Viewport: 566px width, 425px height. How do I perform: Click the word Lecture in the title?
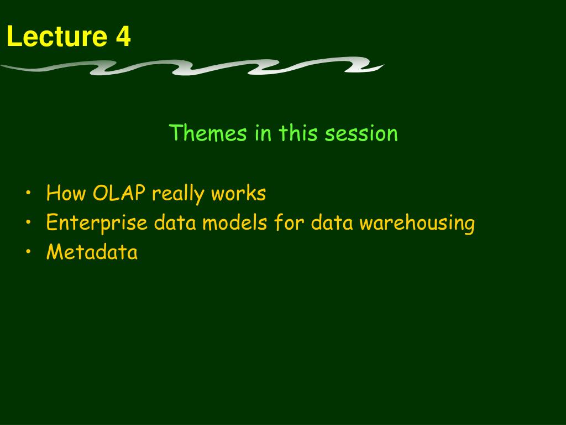tap(57, 36)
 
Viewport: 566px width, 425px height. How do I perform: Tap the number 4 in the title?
tap(123, 36)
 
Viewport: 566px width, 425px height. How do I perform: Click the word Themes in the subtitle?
tap(208, 133)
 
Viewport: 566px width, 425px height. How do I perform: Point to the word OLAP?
tap(119, 193)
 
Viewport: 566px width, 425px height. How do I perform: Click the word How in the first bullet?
tap(66, 193)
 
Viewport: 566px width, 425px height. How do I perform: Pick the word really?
tap(178, 194)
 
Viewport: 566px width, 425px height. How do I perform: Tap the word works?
tap(239, 193)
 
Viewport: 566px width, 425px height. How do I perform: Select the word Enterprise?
tap(97, 223)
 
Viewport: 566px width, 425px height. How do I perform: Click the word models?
tap(234, 222)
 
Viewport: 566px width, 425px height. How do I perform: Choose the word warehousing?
tap(417, 223)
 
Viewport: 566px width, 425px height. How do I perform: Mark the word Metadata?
tap(92, 252)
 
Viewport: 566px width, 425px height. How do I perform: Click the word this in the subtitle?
tap(298, 133)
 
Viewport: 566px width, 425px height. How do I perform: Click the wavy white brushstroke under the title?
tap(192, 66)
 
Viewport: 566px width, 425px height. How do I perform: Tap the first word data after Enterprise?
tap(175, 222)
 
